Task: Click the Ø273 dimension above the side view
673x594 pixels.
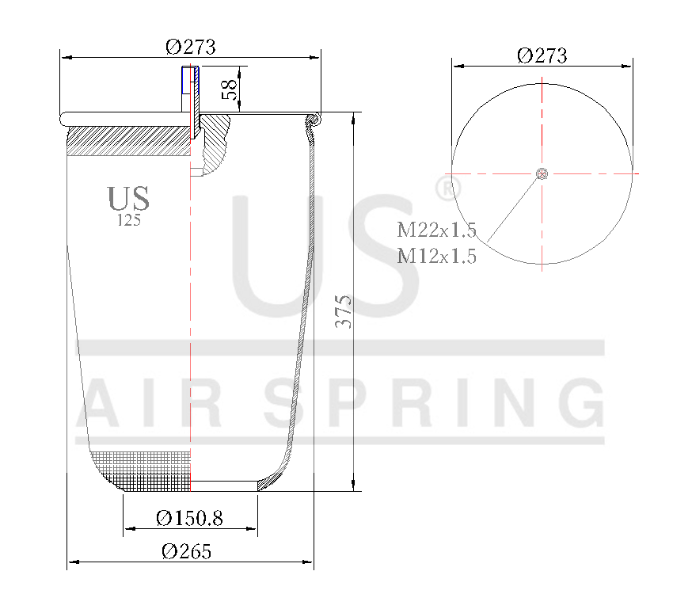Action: [190, 47]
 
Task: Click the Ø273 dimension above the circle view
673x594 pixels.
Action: [542, 55]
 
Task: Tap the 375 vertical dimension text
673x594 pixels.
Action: [343, 312]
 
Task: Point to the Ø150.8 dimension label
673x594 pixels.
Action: [190, 518]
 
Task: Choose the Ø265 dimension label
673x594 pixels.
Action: [187, 552]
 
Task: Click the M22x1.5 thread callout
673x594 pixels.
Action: [436, 230]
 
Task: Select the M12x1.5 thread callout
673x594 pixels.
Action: [436, 256]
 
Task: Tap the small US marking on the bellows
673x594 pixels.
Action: [128, 199]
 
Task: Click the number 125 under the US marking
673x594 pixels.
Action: [128, 221]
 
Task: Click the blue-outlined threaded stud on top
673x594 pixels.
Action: [190, 80]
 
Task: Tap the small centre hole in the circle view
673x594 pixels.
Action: [542, 174]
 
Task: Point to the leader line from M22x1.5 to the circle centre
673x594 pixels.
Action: [513, 208]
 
